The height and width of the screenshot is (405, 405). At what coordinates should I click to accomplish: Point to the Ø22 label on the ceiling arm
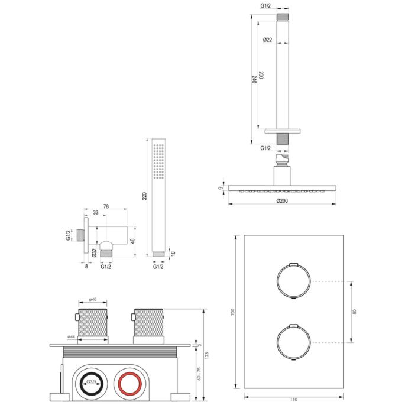[x=267, y=40]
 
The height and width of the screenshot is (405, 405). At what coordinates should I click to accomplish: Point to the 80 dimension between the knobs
[x=355, y=311]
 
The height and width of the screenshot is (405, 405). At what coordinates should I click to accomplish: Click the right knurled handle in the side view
[x=147, y=324]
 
